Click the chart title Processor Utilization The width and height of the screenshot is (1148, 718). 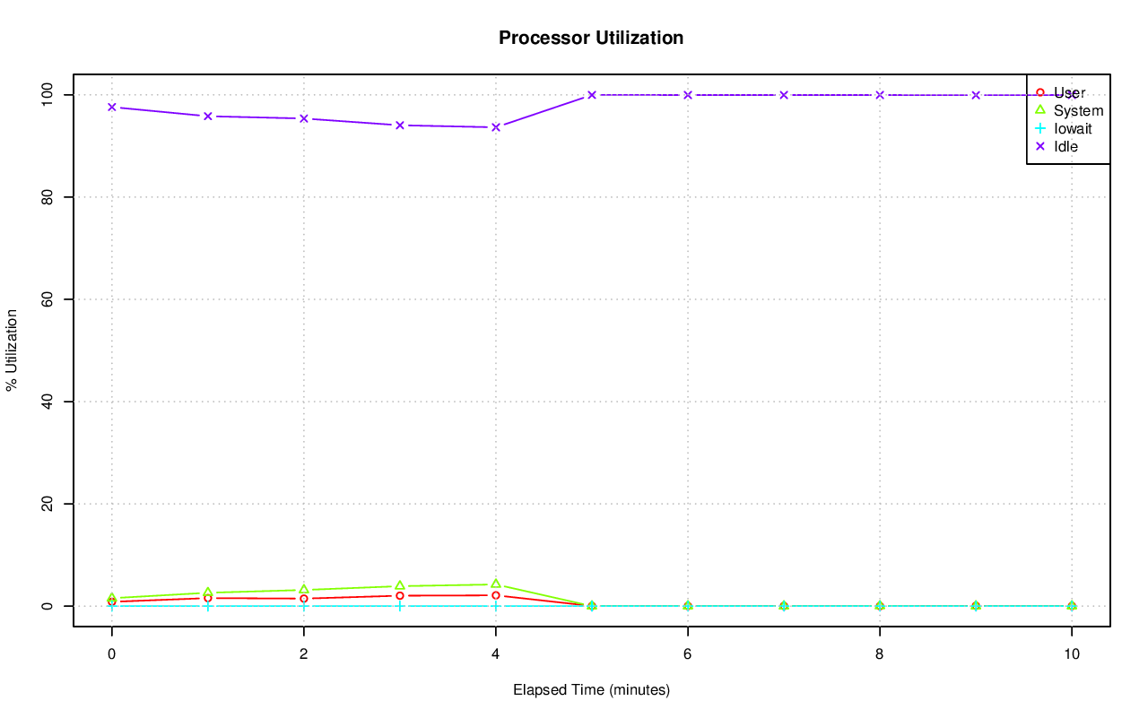591,38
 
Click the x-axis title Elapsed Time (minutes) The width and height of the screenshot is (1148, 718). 591,690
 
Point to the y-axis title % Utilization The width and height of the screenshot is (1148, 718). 12,350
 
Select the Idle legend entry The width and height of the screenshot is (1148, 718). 1065,146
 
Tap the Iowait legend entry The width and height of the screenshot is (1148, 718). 1072,128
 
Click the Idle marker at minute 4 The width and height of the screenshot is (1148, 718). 495,127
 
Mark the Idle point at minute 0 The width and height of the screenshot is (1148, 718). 111,107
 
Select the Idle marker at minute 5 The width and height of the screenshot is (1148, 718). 591,95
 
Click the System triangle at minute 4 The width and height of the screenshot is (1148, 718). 495,584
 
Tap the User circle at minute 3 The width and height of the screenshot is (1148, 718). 399,595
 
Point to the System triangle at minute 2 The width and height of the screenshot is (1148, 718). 303,589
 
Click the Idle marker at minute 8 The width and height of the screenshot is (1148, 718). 879,95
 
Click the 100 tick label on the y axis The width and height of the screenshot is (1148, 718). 46,94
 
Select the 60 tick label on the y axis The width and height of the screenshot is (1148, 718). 46,299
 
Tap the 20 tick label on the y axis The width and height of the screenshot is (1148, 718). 46,504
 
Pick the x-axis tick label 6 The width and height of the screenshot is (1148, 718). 687,654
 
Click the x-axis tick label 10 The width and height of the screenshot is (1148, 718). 1071,654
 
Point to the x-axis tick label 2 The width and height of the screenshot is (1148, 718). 303,654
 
